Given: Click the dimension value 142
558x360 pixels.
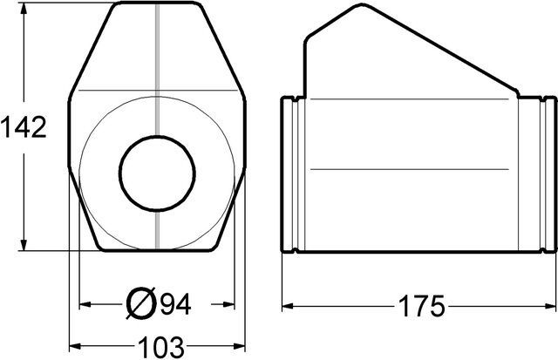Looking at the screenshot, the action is (x=24, y=127).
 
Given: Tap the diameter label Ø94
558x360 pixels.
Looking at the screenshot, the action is (x=159, y=303).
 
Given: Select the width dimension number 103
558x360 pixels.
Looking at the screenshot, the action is (x=160, y=347).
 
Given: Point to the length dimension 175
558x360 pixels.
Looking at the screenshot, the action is (x=422, y=306).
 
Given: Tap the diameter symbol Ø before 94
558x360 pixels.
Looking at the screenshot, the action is (x=141, y=303).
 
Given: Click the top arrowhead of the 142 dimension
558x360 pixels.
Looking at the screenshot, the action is (x=24, y=9).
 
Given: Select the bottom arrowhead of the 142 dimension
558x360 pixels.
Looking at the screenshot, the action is (x=24, y=244).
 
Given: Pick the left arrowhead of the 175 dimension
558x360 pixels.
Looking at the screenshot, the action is (x=288, y=306).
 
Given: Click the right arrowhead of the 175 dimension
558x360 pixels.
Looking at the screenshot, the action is (x=550, y=306).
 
